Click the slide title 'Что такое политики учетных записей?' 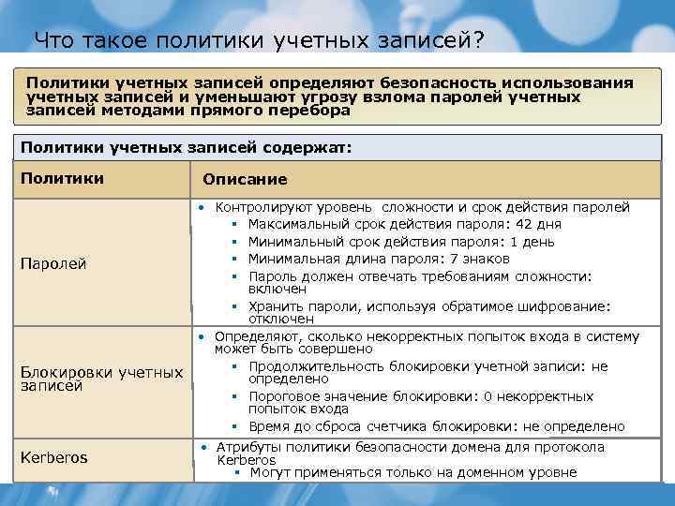[259, 40]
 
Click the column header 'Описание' [245, 179]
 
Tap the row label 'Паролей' [53, 263]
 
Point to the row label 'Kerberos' [53, 457]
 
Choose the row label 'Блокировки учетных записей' [101, 379]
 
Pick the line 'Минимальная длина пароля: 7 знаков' [379, 259]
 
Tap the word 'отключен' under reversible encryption [281, 319]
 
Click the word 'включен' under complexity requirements [277, 290]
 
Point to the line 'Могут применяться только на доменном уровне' [412, 472]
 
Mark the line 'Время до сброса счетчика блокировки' [436, 426]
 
